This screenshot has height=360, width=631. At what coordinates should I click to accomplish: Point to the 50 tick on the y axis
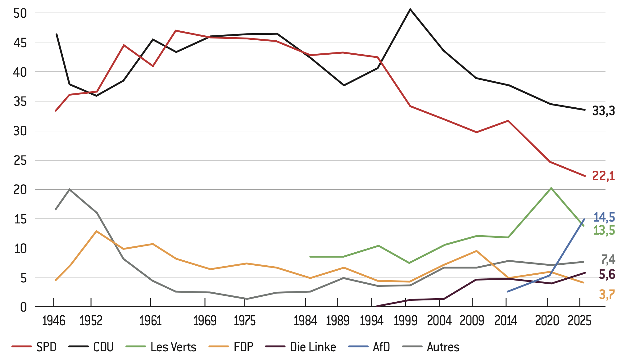(x=20, y=13)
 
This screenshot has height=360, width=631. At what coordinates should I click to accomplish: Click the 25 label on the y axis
(x=20, y=160)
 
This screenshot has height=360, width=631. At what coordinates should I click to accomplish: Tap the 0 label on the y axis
(x=24, y=307)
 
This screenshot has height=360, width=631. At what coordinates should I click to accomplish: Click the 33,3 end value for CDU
(x=603, y=111)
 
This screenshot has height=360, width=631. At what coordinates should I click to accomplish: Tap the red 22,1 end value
(x=603, y=176)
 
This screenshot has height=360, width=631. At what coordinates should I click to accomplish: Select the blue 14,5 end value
(x=604, y=217)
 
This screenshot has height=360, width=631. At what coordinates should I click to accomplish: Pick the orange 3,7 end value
(x=607, y=294)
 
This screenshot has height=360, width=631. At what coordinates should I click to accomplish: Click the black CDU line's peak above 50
(x=410, y=9)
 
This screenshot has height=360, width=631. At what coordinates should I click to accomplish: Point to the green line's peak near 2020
(x=551, y=188)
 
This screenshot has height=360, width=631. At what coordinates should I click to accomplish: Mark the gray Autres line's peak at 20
(x=70, y=189)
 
